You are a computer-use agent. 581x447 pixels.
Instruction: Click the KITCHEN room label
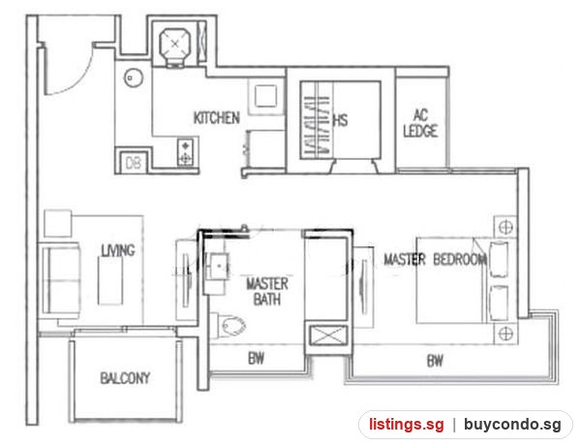point(217,117)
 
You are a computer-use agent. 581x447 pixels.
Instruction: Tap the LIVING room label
point(118,250)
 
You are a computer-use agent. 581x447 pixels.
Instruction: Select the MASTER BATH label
point(267,292)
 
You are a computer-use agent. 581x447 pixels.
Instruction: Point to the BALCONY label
point(125,378)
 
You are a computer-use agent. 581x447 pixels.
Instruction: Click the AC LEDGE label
point(420,123)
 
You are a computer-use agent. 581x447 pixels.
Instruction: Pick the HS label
point(341,120)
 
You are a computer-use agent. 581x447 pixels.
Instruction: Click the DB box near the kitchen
point(133,163)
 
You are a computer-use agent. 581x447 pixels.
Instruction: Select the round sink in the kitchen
point(134,78)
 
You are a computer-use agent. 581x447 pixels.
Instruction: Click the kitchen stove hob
point(186,152)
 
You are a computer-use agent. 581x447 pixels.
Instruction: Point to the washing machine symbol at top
point(175,46)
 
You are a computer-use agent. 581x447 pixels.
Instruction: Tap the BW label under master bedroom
point(435,361)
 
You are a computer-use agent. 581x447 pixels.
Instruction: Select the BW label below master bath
point(256,359)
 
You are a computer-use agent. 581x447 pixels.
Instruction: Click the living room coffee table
point(110,280)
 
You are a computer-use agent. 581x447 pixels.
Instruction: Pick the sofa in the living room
point(60,280)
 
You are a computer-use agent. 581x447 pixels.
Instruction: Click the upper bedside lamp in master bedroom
point(505,227)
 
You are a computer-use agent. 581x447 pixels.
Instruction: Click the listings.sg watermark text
point(406,424)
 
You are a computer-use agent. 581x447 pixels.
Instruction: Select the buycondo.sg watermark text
point(512,424)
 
